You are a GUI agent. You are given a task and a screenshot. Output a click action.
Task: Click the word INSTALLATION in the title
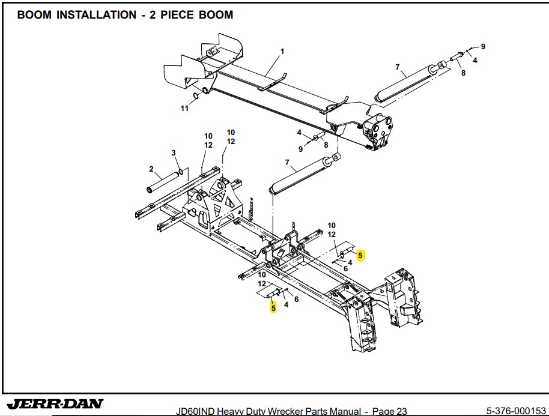[96, 15]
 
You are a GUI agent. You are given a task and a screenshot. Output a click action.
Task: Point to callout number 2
[151, 169]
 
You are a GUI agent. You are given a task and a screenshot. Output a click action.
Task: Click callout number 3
[174, 154]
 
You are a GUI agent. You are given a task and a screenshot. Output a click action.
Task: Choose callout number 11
[185, 109]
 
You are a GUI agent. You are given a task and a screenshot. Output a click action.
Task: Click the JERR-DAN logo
[55, 403]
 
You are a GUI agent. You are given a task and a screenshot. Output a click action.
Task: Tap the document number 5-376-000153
[515, 411]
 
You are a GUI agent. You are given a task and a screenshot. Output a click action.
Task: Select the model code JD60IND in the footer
[195, 411]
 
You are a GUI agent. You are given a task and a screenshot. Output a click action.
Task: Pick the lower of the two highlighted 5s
[273, 308]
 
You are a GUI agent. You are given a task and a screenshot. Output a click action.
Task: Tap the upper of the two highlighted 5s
[360, 256]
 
